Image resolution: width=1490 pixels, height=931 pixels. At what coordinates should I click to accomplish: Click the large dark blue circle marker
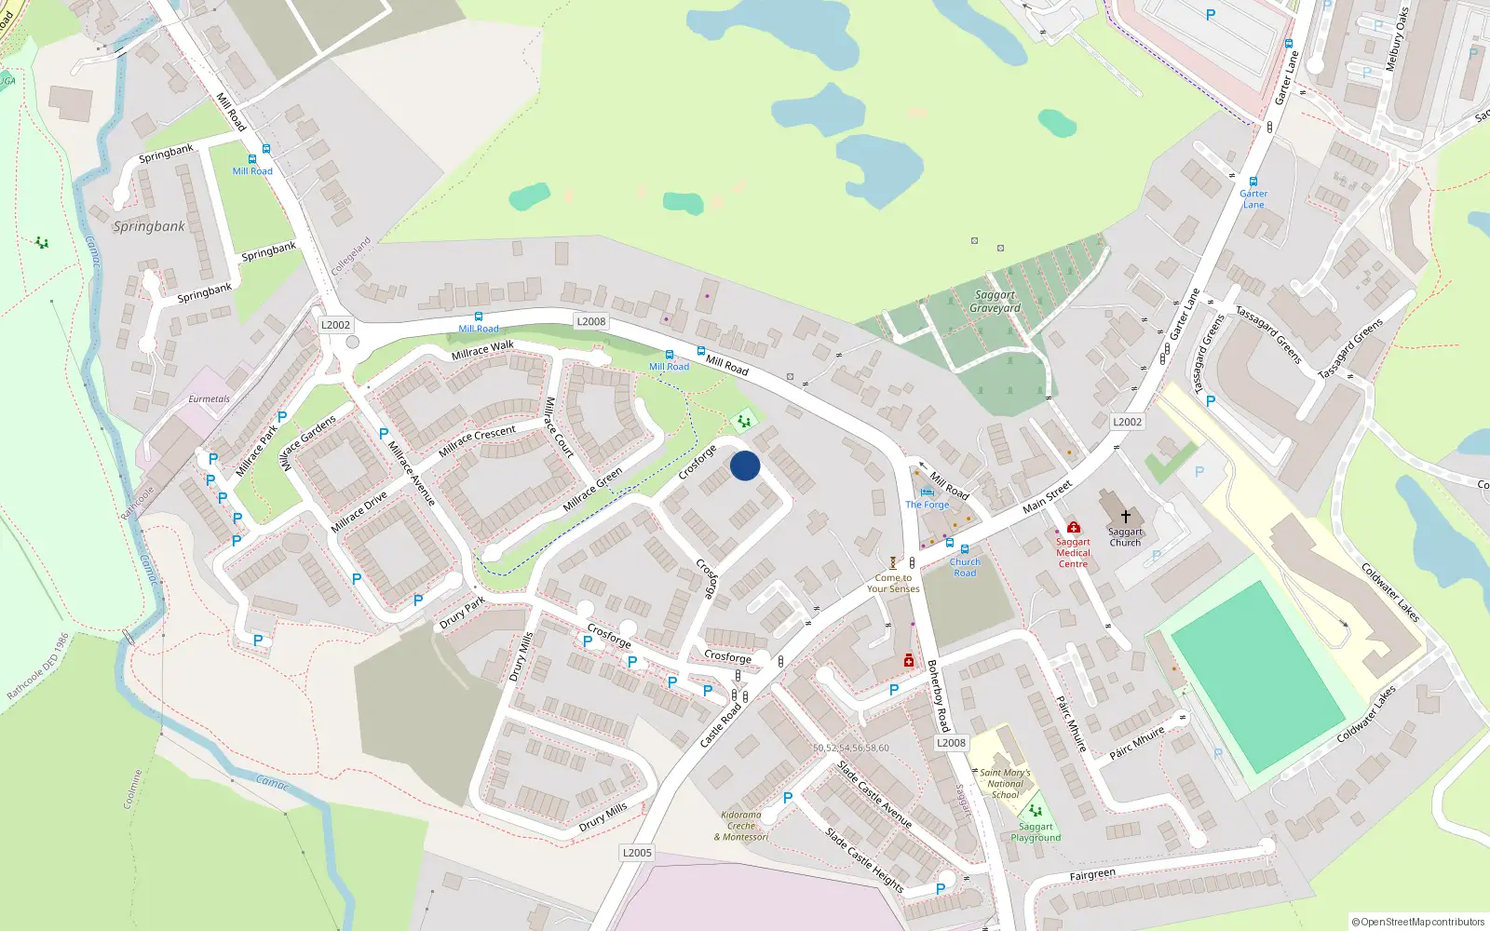745,465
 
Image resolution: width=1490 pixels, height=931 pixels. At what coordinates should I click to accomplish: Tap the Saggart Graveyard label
995,302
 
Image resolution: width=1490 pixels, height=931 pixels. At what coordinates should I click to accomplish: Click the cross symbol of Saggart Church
1125,516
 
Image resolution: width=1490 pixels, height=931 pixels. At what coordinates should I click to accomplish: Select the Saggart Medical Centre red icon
1073,527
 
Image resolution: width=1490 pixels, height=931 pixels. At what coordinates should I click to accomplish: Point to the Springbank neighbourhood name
149,226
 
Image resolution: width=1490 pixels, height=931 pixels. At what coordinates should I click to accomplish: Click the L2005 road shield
637,853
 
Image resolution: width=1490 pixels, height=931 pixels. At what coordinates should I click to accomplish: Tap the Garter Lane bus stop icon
1253,182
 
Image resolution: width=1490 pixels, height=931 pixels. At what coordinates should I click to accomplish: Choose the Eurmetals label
209,399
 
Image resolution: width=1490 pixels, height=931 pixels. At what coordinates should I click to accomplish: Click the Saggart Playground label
1036,832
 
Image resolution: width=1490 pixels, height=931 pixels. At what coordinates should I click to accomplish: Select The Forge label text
928,505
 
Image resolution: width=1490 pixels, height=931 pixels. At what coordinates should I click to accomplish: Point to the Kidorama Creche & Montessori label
741,826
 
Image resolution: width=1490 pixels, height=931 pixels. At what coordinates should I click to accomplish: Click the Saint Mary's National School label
1005,784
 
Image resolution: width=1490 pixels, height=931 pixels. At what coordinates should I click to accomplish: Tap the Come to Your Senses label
893,583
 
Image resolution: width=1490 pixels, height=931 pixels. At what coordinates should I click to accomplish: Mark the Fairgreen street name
1092,875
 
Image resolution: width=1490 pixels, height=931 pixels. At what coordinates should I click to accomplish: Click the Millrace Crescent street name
477,440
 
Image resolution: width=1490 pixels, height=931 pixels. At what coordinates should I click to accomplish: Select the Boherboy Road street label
938,695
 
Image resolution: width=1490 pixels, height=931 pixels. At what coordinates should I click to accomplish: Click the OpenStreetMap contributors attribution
1418,922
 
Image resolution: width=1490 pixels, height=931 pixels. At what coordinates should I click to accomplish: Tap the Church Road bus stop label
965,567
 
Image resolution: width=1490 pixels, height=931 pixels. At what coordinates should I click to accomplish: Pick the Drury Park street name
462,613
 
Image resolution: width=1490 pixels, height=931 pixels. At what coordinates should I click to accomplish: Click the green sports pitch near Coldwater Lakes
1257,677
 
